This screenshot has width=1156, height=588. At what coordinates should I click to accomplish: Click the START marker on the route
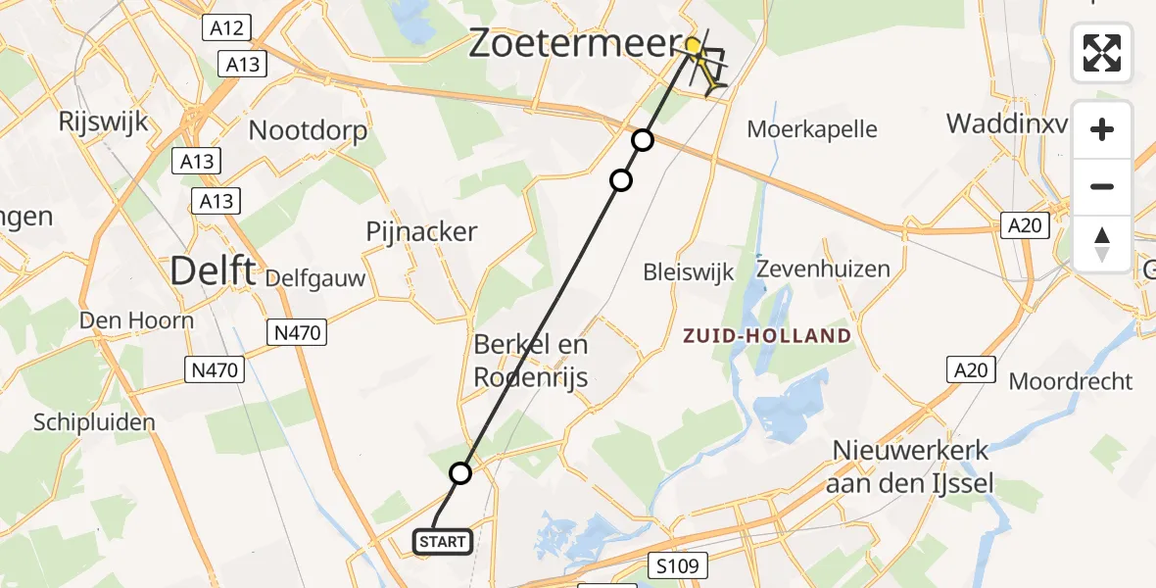445,541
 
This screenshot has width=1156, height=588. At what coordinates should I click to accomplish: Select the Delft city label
215,269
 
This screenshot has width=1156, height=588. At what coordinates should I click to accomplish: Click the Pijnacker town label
421,232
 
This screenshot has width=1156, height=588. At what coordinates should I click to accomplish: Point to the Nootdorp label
309,130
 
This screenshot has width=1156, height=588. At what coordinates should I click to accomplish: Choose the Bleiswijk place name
689,272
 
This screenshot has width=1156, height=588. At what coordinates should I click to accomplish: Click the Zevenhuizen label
823,269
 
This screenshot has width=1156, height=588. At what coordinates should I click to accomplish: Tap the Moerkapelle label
812,128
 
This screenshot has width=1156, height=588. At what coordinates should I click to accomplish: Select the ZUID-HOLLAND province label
768,336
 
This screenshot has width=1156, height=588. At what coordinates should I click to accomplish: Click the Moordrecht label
1071,381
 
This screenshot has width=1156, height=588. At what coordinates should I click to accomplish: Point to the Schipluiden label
94,422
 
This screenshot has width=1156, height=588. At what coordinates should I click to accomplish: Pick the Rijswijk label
103,122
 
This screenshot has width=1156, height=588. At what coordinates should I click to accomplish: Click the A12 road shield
225,26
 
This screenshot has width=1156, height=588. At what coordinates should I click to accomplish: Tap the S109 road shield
676,565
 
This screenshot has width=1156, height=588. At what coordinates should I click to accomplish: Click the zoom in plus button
1102,130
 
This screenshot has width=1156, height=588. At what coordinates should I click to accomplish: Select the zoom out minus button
1102,186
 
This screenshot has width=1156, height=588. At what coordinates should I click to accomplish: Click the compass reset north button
1102,243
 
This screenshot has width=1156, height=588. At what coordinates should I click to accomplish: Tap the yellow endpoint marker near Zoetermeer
693,45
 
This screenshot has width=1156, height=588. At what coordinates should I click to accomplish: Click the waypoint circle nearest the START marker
460,474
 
